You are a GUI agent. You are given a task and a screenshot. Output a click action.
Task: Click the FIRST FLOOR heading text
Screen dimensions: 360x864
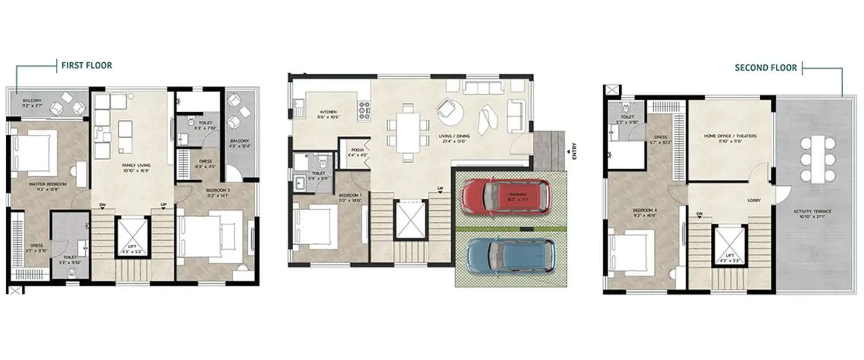(x=86, y=66)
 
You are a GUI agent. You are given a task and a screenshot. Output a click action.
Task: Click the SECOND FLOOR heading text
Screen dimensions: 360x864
(x=766, y=68)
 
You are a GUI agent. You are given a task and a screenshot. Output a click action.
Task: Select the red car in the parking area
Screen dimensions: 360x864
(x=505, y=197)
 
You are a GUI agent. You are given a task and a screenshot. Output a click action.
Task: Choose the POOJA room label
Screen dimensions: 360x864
(x=354, y=151)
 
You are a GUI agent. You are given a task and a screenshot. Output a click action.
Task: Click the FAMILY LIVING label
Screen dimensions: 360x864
(x=132, y=165)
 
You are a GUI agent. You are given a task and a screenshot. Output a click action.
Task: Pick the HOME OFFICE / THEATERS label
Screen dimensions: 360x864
(x=730, y=137)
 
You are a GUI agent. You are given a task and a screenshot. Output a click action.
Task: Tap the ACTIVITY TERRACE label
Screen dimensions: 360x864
(x=813, y=211)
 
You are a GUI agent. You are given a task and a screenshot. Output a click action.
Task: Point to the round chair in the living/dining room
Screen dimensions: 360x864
(x=449, y=112)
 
